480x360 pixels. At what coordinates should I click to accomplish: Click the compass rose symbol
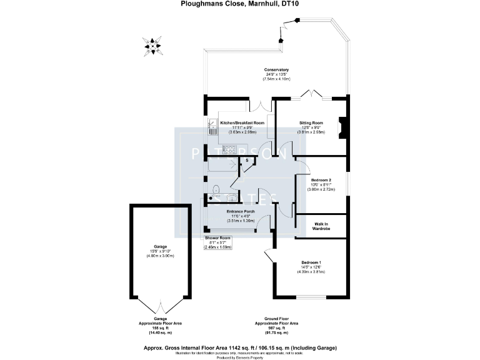(x=152, y=46)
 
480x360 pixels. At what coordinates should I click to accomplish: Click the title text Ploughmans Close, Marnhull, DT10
(x=240, y=4)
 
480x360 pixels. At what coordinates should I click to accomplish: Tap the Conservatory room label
(x=276, y=69)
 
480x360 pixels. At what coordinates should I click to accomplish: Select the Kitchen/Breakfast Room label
(x=242, y=123)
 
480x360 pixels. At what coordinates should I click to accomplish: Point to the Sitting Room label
(x=311, y=123)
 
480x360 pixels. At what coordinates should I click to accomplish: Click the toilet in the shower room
(x=215, y=190)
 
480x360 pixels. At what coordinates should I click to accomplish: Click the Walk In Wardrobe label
(x=322, y=226)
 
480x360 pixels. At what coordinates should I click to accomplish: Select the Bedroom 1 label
(x=311, y=262)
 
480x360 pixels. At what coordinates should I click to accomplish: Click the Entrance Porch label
(x=241, y=212)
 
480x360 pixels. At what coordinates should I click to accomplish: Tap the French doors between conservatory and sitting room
(x=312, y=96)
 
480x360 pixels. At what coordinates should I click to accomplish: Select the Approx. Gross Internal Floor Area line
(x=240, y=347)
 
